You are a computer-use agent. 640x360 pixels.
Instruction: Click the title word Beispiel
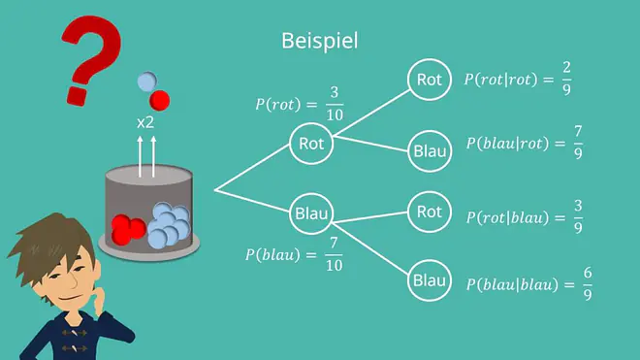coord(320,41)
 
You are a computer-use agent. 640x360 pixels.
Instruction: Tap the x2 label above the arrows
coord(145,122)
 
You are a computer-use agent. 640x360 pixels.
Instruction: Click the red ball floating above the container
coord(159,101)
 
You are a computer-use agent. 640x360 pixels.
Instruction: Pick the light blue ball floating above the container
coord(147,82)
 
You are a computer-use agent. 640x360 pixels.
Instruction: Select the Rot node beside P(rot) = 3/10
coord(311,144)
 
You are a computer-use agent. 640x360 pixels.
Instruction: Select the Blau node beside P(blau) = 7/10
coord(311,213)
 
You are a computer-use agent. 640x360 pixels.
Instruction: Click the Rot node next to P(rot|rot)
coord(430,80)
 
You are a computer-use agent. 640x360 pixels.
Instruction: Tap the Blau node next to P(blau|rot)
coord(430,151)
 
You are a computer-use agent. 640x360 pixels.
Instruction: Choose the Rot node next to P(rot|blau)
coord(430,212)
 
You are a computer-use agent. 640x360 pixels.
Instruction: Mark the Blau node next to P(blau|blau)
coord(430,280)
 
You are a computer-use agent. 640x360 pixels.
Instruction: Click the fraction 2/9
coord(566,79)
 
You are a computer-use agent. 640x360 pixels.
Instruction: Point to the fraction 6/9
coord(588,283)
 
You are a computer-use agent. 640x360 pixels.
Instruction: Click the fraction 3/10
coord(335,104)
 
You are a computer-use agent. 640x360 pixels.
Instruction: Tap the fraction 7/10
coord(334,254)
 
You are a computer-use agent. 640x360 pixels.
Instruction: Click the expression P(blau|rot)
coord(507,144)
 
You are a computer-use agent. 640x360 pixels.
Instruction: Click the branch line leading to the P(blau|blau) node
coord(370,248)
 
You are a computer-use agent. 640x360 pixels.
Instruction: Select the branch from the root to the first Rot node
coord(252,167)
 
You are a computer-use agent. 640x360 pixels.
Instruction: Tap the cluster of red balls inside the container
coord(128,230)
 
